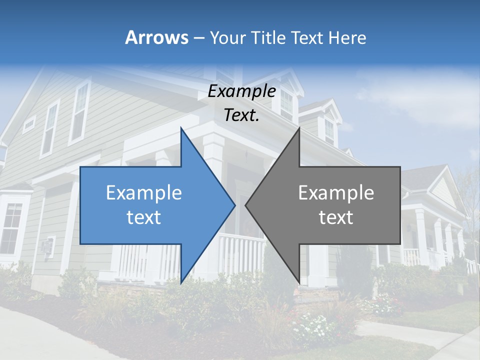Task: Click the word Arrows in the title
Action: tap(157, 37)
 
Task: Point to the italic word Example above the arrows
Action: tap(241, 91)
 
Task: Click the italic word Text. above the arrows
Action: tap(241, 115)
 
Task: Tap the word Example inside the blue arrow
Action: tap(144, 193)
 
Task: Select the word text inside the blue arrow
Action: tap(144, 217)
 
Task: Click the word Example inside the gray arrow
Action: tap(336, 193)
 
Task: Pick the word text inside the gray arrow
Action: tap(336, 217)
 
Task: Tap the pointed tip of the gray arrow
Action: tap(246, 205)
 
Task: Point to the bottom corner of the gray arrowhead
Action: tap(299, 282)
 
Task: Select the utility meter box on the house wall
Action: tap(47, 246)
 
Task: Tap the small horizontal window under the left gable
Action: tap(29, 123)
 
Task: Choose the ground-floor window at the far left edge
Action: tap(11, 227)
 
